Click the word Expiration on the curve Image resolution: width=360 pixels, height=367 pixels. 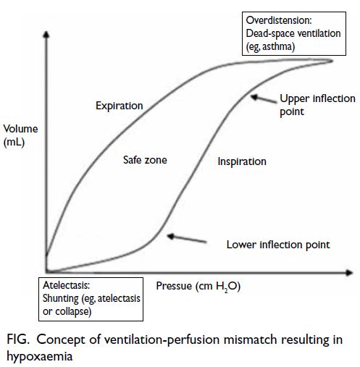tap(120, 106)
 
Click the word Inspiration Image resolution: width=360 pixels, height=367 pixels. tap(242, 161)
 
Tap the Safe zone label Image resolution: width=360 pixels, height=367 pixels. tap(145, 160)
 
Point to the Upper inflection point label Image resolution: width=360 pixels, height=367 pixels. tap(317, 105)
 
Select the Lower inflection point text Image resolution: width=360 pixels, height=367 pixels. tap(278, 245)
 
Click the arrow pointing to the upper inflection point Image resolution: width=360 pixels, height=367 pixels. tap(264, 99)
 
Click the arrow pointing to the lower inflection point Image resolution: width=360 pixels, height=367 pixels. tap(187, 238)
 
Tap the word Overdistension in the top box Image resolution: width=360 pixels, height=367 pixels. tap(279, 20)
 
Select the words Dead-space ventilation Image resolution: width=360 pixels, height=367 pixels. tap(293, 33)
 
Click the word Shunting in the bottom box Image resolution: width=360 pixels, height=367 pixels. tap(61, 298)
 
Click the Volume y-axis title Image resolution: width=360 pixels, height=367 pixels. tap(20, 129)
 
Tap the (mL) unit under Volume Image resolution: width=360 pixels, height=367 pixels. tap(14, 142)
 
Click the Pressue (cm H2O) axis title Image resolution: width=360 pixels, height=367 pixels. tap(198, 286)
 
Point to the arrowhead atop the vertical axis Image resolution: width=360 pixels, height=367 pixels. tap(46, 34)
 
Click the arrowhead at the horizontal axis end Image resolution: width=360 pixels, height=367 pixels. tap(349, 273)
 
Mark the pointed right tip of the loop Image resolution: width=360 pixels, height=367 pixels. tap(333, 61)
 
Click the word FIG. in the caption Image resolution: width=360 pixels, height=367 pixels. tap(18, 339)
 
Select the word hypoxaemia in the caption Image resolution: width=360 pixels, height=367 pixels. tap(40, 356)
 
